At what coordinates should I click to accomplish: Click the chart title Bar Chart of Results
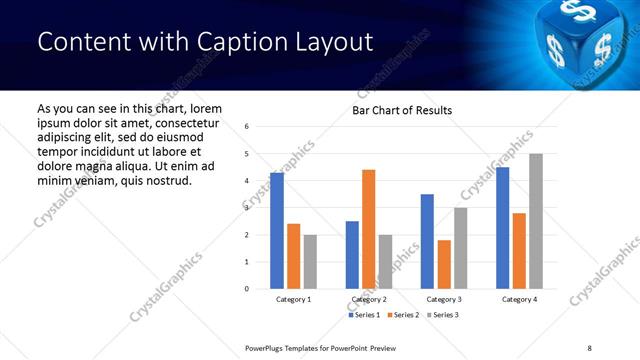402,110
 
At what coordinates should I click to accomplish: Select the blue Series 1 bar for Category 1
277,231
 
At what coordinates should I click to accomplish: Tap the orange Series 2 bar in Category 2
368,229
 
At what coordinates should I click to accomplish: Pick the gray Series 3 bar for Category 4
536,221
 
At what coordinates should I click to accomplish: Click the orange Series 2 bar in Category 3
444,264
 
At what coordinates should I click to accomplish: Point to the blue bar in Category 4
503,228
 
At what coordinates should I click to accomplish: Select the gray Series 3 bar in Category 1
310,262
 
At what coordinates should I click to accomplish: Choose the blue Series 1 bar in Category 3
427,241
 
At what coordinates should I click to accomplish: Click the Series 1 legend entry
365,315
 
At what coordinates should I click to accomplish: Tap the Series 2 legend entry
403,315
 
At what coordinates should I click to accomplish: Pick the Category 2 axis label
368,299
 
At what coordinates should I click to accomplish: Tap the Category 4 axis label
519,299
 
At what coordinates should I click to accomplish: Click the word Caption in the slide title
218,42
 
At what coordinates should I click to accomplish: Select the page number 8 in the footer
589,347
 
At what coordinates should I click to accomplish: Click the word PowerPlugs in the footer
268,347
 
